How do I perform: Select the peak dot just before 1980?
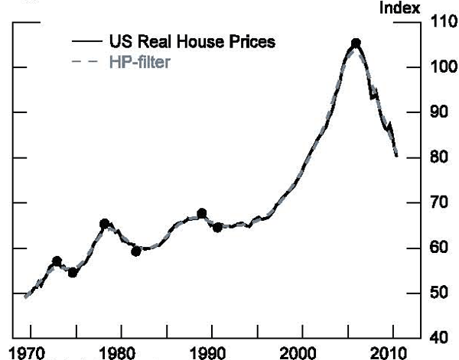104,224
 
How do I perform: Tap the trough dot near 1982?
136,251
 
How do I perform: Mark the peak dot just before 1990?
201,213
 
